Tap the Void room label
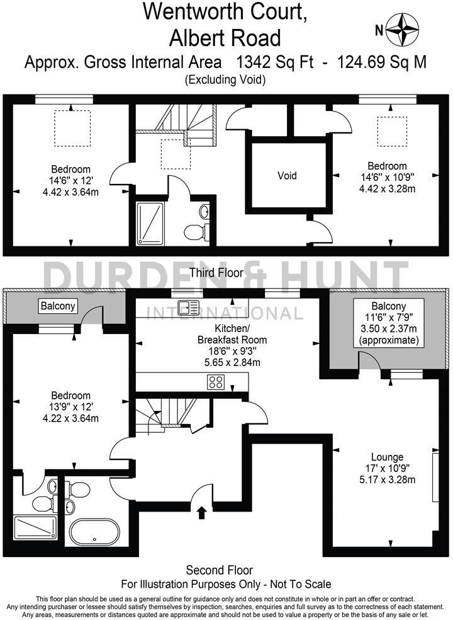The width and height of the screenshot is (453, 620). [287, 175]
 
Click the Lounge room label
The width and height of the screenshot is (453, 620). [388, 457]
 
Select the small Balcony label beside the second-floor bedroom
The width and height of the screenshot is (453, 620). [58, 306]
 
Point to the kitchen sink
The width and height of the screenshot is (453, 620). [188, 307]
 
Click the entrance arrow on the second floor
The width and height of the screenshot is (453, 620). [201, 512]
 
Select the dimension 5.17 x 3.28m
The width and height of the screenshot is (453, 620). [388, 480]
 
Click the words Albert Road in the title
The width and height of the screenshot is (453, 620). [225, 38]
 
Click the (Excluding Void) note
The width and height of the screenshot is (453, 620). [225, 79]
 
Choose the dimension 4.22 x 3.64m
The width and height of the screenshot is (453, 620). [70, 418]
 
